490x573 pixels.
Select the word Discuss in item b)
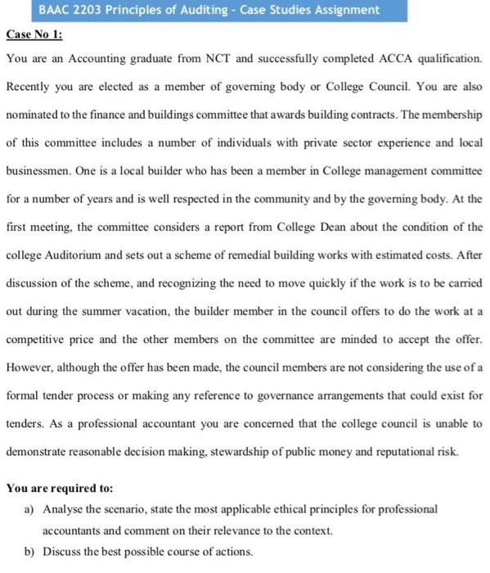point(62,550)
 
